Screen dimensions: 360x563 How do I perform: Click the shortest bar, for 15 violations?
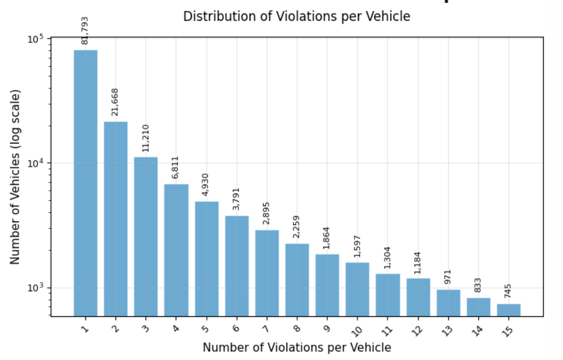[509, 310]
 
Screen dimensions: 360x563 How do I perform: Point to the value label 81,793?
[85, 31]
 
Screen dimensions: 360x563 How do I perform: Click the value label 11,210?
[146, 138]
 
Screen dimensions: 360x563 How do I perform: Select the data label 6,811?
[176, 167]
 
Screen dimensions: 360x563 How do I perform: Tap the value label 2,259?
[297, 227]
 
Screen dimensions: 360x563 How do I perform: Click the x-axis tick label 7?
[266, 329]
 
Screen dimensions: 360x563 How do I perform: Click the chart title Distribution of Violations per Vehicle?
[296, 17]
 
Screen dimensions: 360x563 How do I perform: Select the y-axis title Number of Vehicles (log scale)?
[16, 177]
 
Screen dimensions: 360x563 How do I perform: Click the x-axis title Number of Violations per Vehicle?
[296, 347]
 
